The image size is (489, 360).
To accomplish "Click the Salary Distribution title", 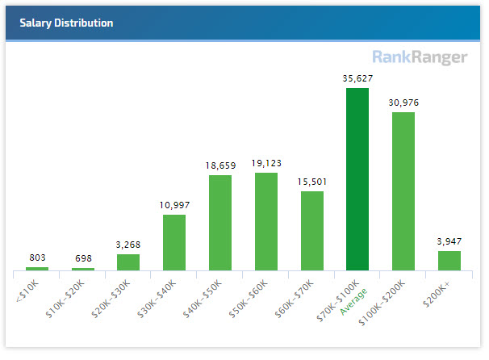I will coord(66,23).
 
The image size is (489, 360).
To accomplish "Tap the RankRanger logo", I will coord(420,57).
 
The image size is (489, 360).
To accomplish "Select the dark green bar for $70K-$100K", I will coord(357,179).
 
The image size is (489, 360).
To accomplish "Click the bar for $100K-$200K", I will coord(403,191).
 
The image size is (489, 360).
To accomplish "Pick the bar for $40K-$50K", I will coord(220,223).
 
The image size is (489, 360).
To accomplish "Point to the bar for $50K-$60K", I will coord(266,221).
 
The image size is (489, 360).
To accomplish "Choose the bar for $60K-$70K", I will coord(312,231).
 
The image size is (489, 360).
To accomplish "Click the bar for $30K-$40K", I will coord(174,242).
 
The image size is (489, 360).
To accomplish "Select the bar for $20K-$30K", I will coord(128,262).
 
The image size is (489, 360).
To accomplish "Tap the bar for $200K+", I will coord(449,261).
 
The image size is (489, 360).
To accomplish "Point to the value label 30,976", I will coord(403,103).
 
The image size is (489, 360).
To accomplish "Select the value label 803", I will coord(37,257).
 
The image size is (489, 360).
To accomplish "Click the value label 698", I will coord(82,258).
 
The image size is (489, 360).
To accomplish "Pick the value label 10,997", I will coord(174,205).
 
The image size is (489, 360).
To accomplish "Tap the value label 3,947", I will coord(449,241).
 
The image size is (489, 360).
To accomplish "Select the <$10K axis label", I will coord(27,287).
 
